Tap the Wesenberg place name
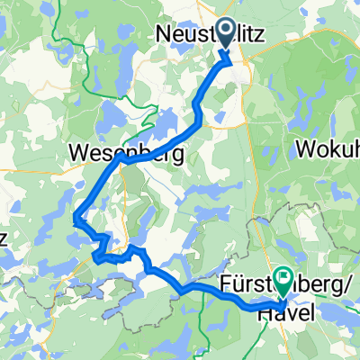pyautogui.click(x=126, y=154)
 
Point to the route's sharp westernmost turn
pyautogui.click(x=76, y=215)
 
